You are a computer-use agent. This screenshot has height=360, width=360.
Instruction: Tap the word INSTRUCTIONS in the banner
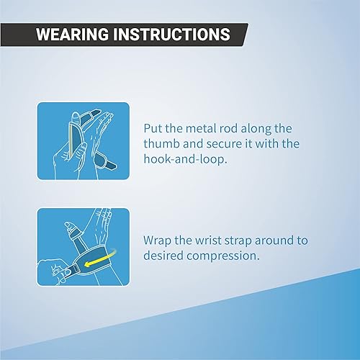[x=172, y=34]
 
